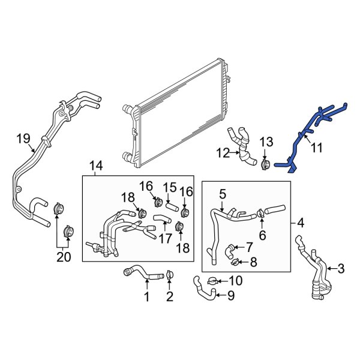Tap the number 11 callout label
click(x=316, y=146)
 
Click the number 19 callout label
click(x=23, y=140)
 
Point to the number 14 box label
click(x=96, y=166)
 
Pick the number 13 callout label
click(x=266, y=142)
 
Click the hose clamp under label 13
click(x=263, y=163)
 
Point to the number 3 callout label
click(x=341, y=268)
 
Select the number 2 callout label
click(x=169, y=296)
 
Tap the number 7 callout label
click(x=248, y=247)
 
